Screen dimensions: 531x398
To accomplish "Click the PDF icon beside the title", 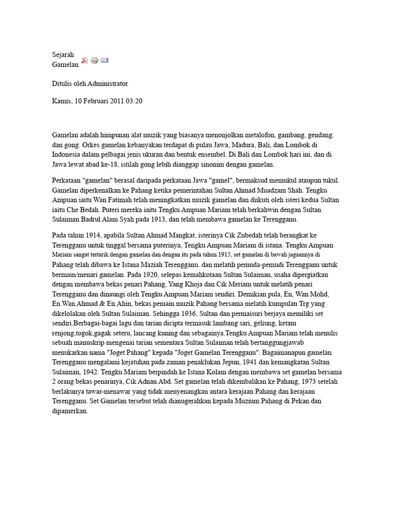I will tap(84, 61).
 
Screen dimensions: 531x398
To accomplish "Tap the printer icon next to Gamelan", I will tap(94, 61).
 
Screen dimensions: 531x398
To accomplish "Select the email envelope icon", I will tap(104, 61).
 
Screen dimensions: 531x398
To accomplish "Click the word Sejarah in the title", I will tap(63, 55).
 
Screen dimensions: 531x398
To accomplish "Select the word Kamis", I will tap(62, 101).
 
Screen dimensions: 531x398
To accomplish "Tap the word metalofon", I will tap(252, 134).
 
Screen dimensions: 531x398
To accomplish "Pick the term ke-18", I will tap(108, 164).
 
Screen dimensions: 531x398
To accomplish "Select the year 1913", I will tap(147, 219).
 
